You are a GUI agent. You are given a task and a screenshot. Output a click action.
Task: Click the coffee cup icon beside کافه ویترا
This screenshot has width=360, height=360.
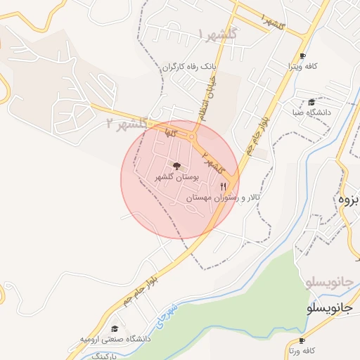(x=302, y=56)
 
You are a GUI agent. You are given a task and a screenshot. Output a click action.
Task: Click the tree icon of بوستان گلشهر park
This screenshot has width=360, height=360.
(x=176, y=167)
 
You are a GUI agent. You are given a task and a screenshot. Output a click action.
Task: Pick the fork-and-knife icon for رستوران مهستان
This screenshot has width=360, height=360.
(x=224, y=186)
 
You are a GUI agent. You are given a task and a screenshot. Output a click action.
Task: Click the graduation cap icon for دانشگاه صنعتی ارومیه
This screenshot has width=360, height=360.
(x=115, y=328)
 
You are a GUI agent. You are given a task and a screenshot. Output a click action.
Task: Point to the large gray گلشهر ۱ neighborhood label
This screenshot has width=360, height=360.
(x=219, y=34)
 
